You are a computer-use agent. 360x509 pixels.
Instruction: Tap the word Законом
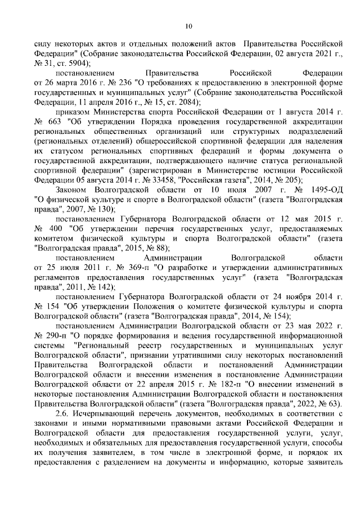point(71,191)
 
